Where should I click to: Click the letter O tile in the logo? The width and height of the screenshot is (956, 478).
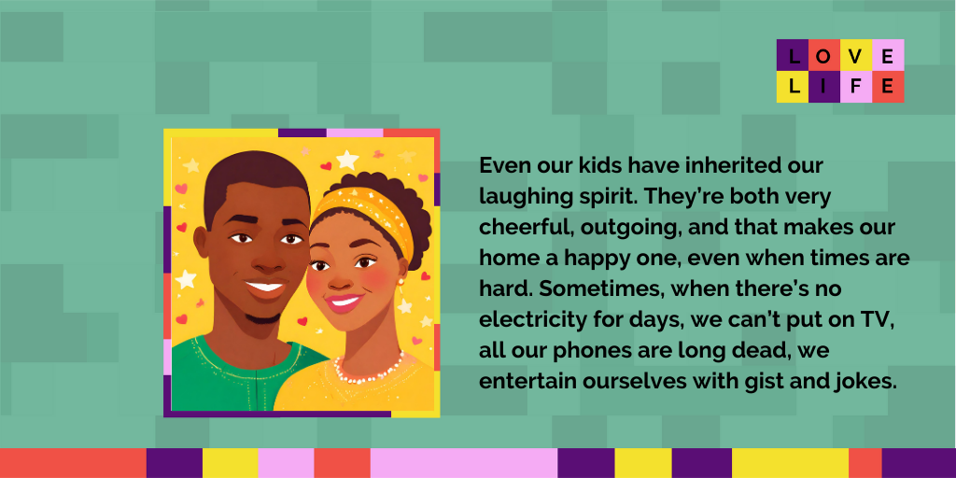click(824, 55)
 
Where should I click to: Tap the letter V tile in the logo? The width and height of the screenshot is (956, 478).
click(856, 55)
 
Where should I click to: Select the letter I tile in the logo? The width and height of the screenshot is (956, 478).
click(824, 87)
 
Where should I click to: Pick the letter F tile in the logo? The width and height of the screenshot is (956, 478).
click(856, 87)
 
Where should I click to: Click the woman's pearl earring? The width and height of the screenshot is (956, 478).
click(401, 282)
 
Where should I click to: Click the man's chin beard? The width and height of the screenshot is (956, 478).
click(263, 318)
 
